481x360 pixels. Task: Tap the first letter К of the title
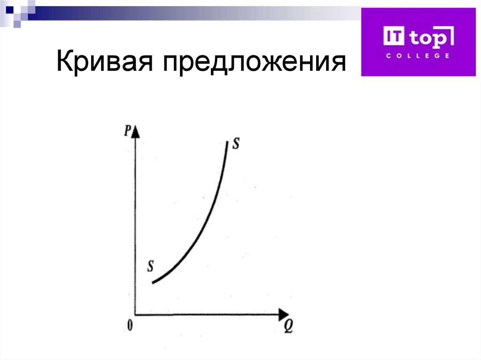[x=64, y=63]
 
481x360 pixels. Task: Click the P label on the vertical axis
[x=127, y=131]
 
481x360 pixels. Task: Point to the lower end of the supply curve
[x=153, y=282]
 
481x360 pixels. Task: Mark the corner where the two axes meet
[x=135, y=314]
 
